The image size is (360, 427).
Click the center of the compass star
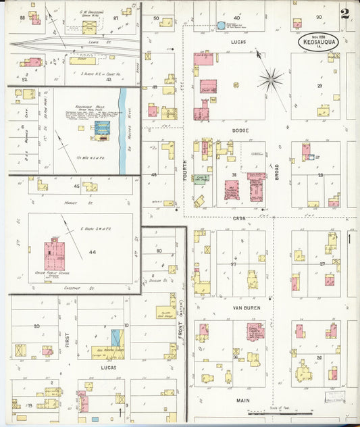click(271, 80)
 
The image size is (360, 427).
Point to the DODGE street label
click(240, 130)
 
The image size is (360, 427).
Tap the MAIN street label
click(242, 400)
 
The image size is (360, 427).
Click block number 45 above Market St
click(76, 185)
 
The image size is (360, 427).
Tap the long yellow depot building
click(83, 60)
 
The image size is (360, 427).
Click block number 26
click(319, 357)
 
